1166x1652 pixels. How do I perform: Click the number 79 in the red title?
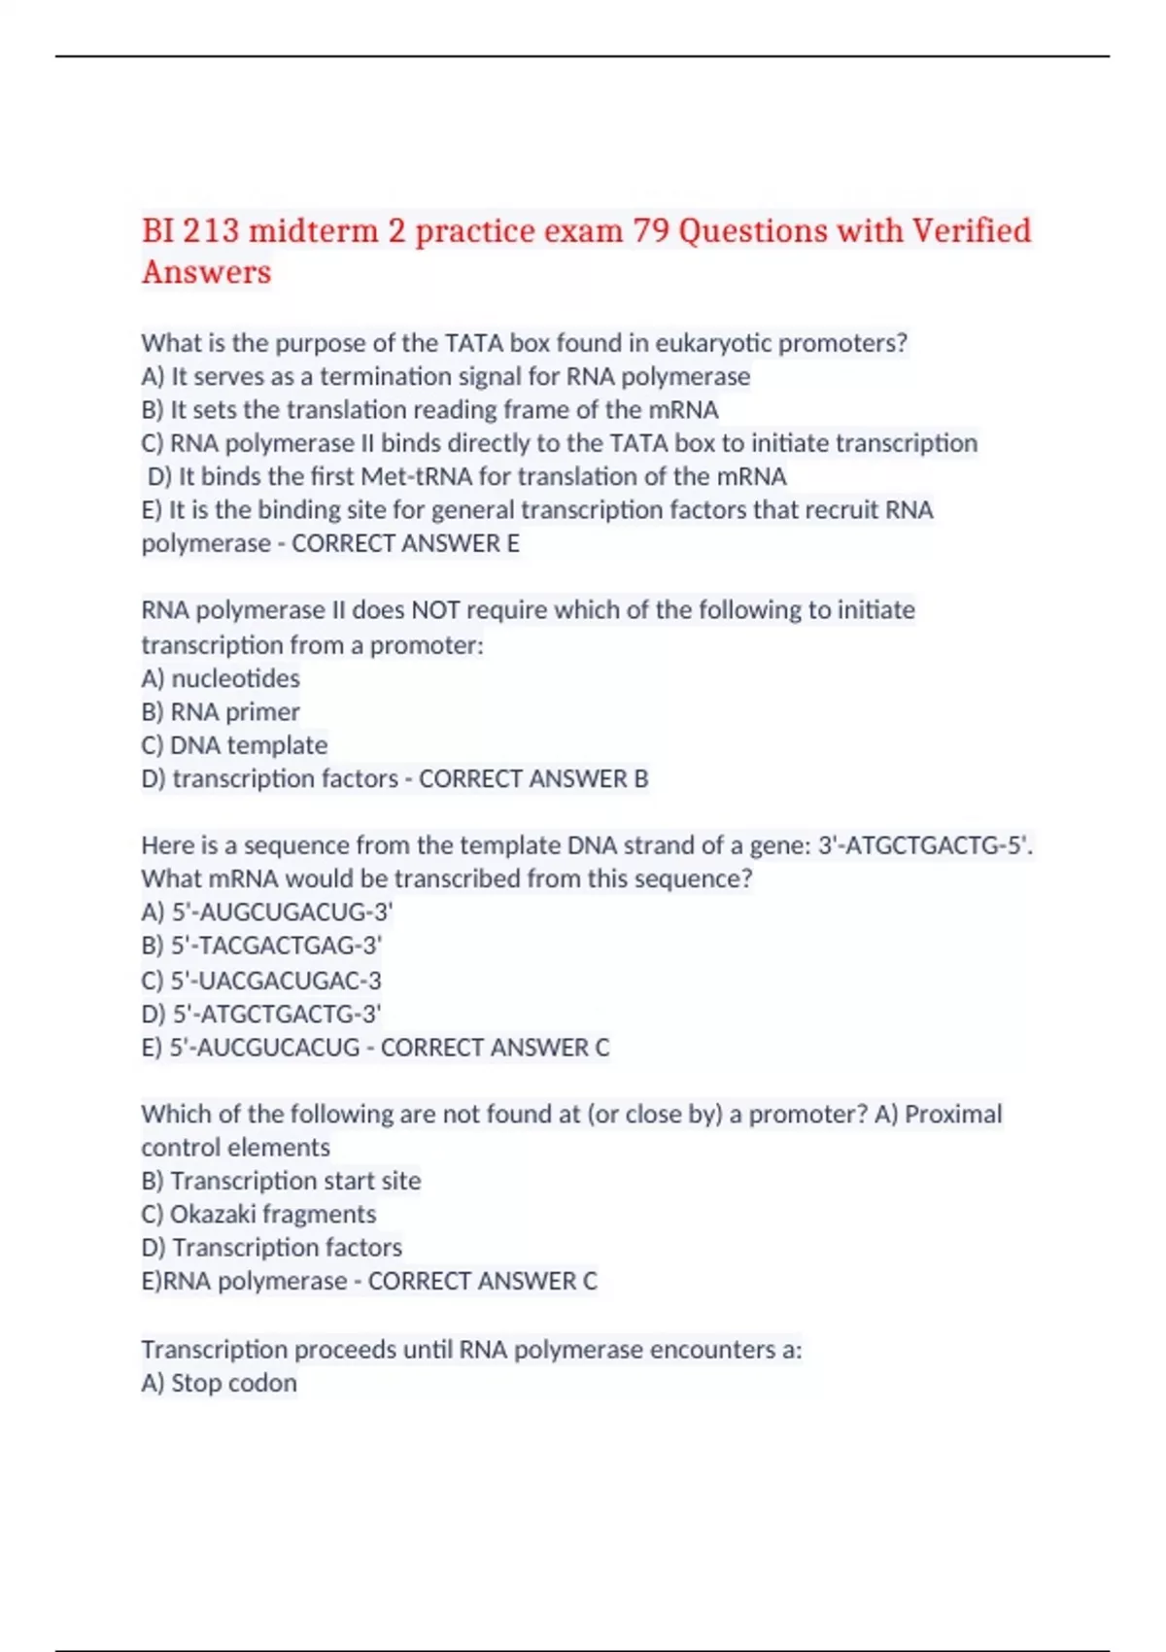(x=651, y=231)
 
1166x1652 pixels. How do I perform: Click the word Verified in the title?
(x=971, y=231)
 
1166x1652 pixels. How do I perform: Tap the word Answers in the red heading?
(x=206, y=272)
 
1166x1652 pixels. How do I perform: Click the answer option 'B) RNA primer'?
(x=221, y=711)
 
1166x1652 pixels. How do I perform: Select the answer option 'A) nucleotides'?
(x=221, y=678)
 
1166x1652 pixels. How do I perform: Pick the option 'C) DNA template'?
(x=234, y=745)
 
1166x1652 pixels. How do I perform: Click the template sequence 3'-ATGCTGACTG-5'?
(x=924, y=845)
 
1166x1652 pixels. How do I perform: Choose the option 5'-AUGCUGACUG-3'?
(x=282, y=912)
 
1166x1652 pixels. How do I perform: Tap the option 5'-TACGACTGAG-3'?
(x=276, y=946)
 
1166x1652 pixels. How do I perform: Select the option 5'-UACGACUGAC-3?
(x=276, y=980)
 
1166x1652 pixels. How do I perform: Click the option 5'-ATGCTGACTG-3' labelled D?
(x=276, y=1014)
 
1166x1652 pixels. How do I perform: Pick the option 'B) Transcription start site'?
(x=281, y=1181)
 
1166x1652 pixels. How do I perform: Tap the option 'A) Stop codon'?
(x=219, y=1383)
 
